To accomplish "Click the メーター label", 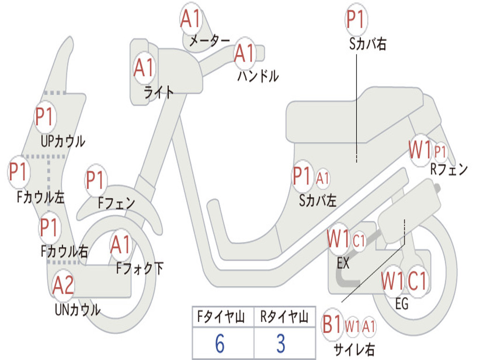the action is [210, 41].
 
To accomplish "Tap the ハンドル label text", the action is [258, 76].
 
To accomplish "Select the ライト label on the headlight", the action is [158, 92].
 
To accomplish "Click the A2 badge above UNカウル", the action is [63, 285].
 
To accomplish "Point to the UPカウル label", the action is [63, 142].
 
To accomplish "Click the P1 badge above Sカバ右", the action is [356, 19].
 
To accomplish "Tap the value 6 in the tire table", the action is [220, 343].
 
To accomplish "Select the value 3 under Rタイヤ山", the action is [281, 343].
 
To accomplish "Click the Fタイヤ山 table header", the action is [221, 317].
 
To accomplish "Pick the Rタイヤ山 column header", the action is [284, 317].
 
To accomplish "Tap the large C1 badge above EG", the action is [417, 281].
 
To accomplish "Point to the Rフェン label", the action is [449, 169].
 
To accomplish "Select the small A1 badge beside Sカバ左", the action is [322, 178].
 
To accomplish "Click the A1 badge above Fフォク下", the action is [120, 245].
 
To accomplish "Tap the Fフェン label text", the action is [116, 203].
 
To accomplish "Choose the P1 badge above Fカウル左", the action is [18, 172].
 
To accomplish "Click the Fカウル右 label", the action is [64, 252].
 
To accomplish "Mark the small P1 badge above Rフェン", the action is [440, 151].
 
